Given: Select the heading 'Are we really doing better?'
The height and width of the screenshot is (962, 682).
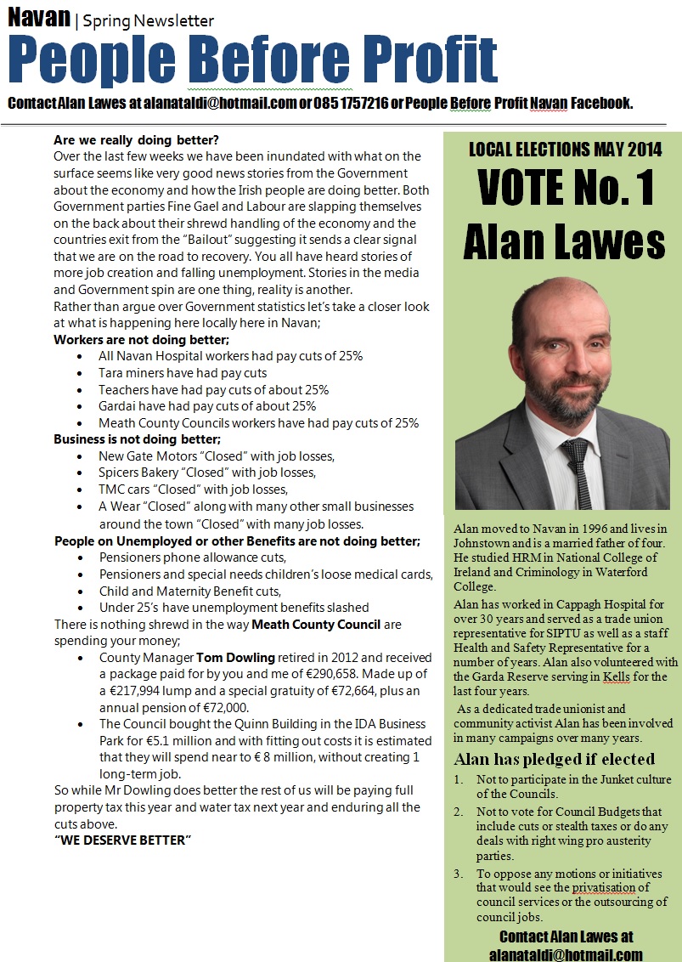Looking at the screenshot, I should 142,140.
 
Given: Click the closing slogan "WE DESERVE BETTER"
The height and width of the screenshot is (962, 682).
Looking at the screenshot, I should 122,840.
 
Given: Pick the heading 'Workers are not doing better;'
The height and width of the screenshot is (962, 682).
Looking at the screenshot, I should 141,340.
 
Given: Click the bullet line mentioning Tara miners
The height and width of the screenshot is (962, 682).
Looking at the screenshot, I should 183,373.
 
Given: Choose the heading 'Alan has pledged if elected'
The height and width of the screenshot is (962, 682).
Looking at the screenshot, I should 554,759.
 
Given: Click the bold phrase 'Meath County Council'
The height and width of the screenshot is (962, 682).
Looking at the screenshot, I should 316,625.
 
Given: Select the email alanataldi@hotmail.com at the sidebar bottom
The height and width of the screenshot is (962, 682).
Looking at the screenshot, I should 565,954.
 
